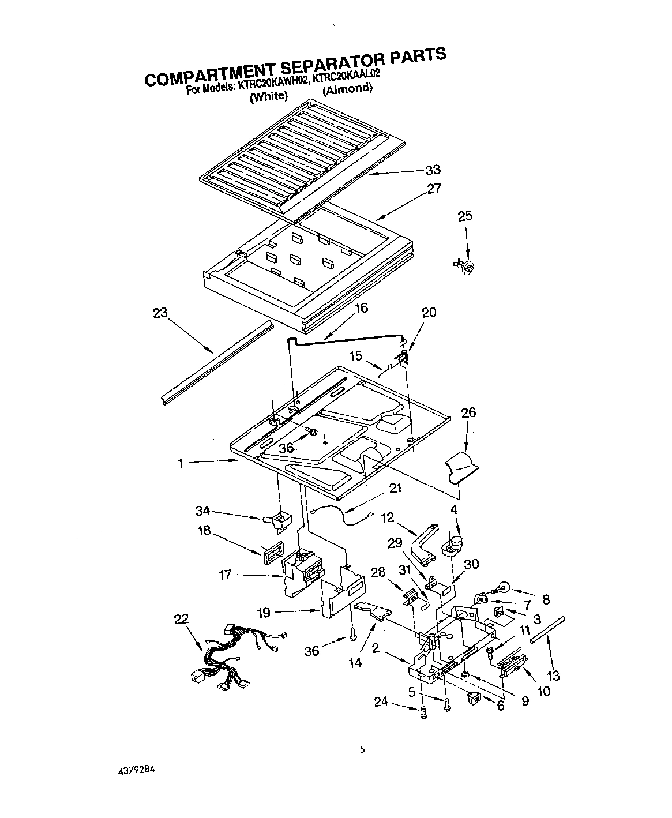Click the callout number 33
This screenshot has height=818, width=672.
(433, 170)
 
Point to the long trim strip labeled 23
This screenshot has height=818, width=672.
(216, 361)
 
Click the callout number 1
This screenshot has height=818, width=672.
(181, 463)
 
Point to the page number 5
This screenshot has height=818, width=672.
(362, 750)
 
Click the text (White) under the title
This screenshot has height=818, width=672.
(268, 96)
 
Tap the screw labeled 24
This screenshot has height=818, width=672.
(423, 712)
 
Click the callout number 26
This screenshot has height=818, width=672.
(468, 412)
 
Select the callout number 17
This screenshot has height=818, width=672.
(226, 575)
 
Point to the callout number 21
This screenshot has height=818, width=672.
(395, 488)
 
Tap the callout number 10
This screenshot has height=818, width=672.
(543, 691)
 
